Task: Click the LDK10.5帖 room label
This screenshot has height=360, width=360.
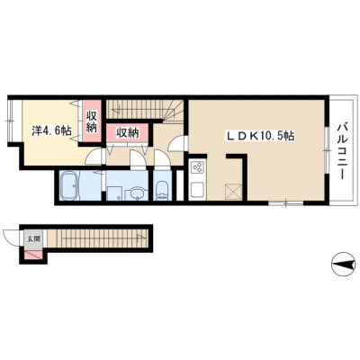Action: point(260,136)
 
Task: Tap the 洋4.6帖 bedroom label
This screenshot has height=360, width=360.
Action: point(51,130)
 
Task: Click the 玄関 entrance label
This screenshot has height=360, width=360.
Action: point(33,238)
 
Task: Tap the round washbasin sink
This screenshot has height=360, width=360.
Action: point(137,193)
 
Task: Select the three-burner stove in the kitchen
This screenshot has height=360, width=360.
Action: point(198,166)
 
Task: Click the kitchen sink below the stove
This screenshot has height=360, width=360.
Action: point(198,190)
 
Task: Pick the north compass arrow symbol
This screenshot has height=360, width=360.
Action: point(343,265)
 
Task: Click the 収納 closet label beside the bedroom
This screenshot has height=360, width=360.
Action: point(92,121)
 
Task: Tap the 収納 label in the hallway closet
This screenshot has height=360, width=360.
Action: point(128,132)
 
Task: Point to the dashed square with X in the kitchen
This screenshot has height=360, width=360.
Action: point(233,191)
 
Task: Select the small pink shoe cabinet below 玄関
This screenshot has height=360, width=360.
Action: point(33,255)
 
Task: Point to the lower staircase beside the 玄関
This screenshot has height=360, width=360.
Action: point(97,238)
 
